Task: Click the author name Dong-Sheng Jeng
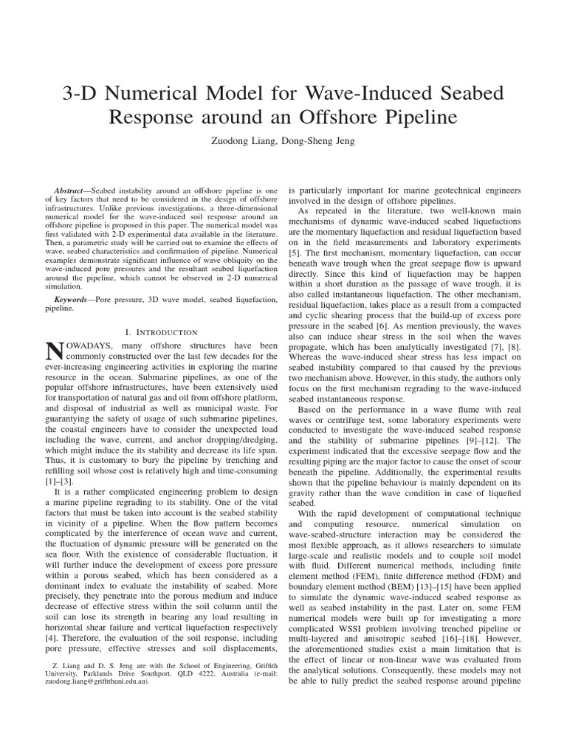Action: point(320,141)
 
